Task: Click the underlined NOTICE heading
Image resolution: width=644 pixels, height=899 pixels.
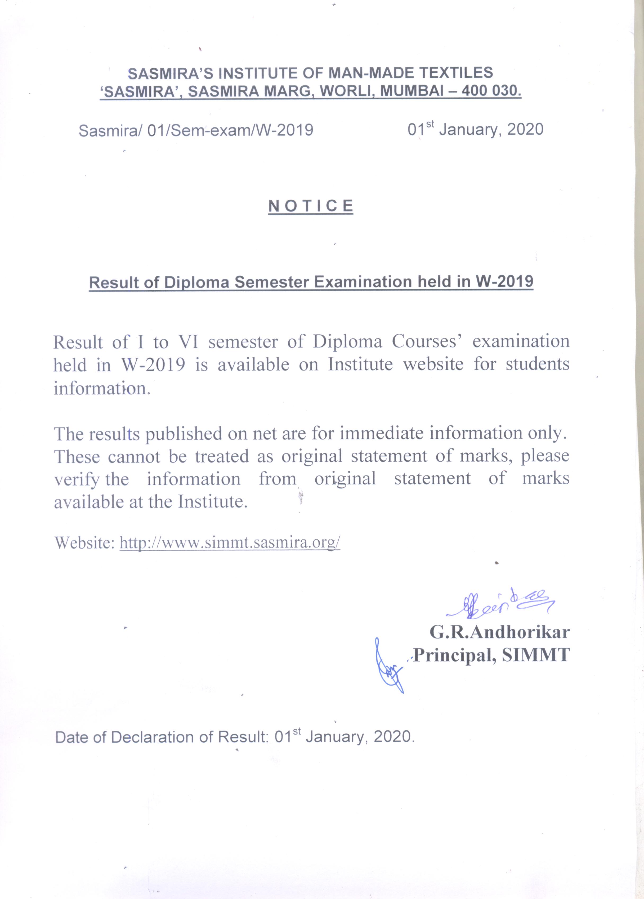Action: tap(311, 206)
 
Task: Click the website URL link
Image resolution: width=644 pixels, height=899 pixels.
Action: tap(230, 542)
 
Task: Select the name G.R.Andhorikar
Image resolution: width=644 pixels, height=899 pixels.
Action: tap(500, 632)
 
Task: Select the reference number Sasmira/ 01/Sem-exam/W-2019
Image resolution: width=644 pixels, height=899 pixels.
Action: tap(196, 130)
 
